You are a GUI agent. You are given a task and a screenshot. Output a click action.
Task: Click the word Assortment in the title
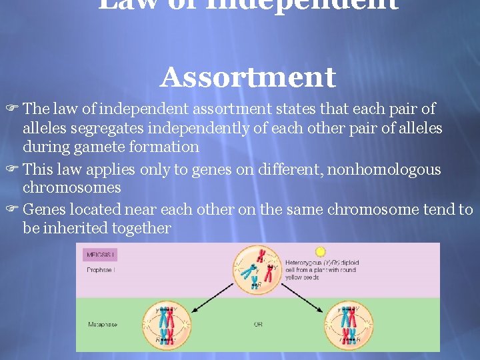click(247, 78)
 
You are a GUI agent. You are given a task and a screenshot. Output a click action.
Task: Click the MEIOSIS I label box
click(100, 254)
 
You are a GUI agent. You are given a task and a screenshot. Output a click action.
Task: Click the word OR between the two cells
click(258, 325)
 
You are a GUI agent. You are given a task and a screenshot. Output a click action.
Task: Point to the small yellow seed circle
click(320, 252)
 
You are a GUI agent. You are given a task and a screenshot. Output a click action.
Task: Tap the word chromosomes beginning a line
click(72, 188)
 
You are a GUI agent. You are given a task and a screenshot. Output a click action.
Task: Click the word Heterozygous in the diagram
click(305, 263)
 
